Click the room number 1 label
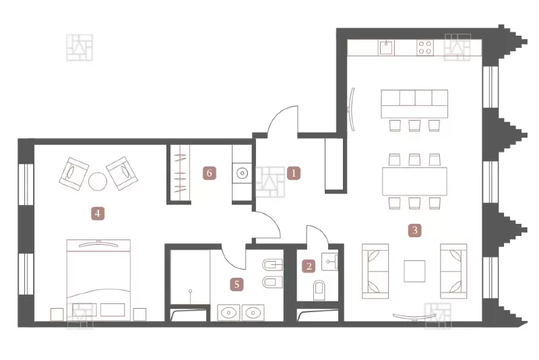294,173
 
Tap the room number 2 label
309,266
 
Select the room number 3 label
415,230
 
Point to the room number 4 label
98,213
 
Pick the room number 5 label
236,284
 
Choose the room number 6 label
210,173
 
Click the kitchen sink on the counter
386,47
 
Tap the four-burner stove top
425,47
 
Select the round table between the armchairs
98,181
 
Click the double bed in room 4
98,280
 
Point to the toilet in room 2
319,290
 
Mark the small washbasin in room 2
329,262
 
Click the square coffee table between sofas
414,271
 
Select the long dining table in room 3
414,181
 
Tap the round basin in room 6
243,173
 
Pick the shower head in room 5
190,291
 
